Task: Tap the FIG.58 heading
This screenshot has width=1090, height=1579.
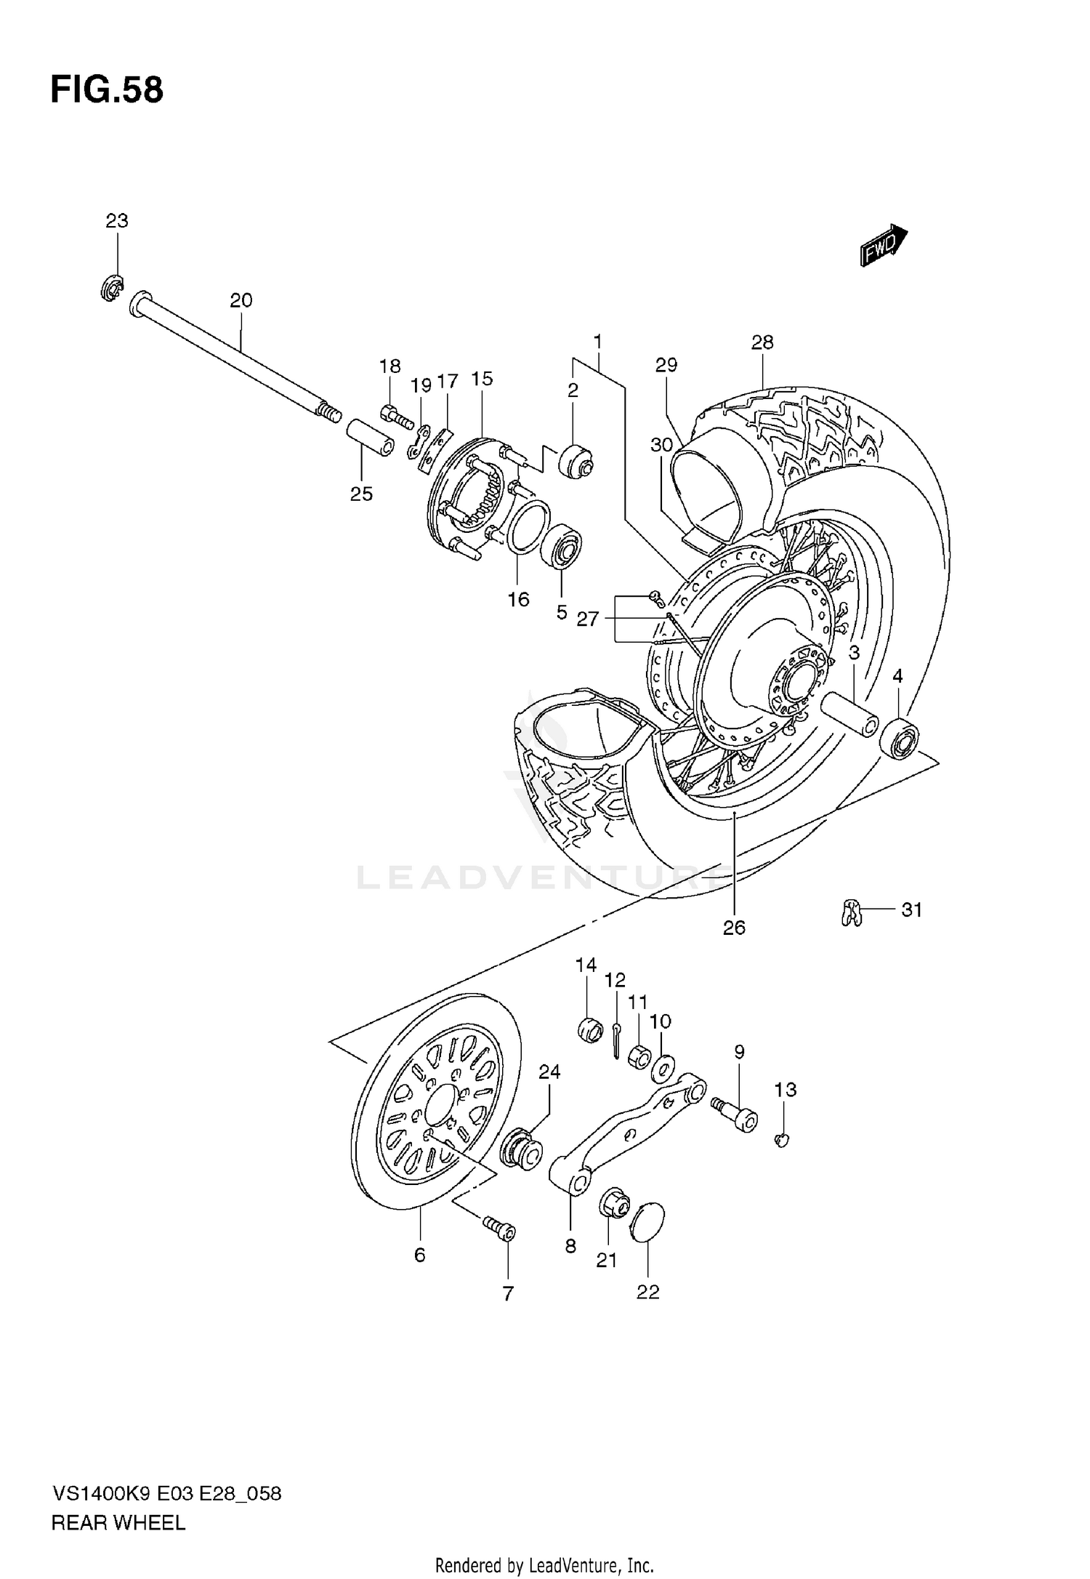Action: click(x=107, y=91)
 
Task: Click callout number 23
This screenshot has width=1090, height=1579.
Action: click(x=117, y=221)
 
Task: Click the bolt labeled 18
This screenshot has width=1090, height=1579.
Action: click(x=395, y=416)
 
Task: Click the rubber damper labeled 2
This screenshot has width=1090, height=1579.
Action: click(x=576, y=460)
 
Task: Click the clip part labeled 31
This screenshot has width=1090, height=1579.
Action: click(x=851, y=912)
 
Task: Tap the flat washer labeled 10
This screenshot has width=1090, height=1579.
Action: click(x=663, y=1067)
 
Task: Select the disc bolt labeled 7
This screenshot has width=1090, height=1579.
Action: click(x=501, y=1229)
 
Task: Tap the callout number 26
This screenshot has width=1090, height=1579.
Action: click(x=734, y=928)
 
